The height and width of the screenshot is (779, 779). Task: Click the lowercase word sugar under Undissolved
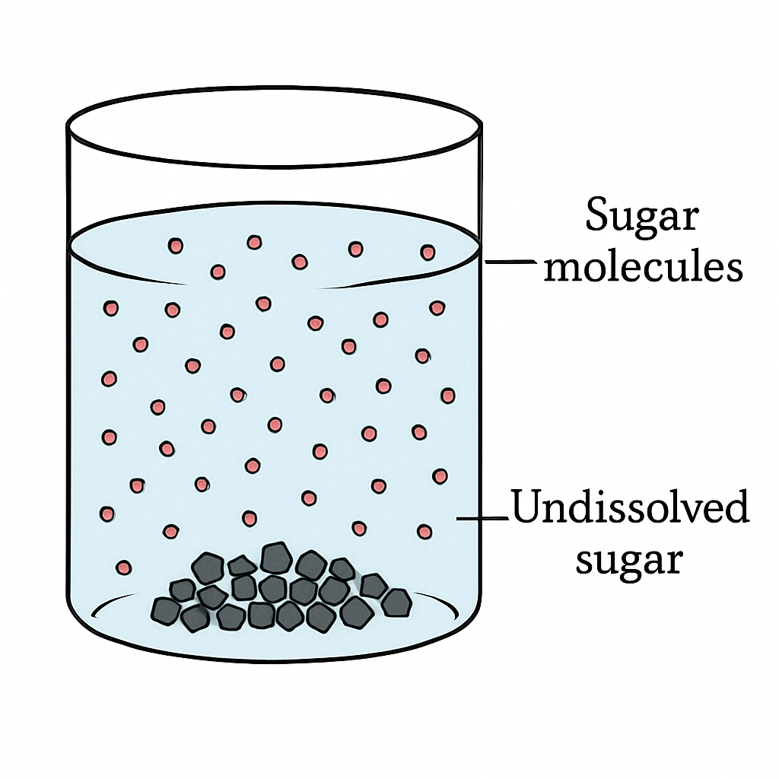pyautogui.click(x=629, y=560)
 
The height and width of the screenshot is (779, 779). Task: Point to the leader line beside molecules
pyautogui.click(x=510, y=262)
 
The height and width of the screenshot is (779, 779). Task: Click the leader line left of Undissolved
pyautogui.click(x=482, y=519)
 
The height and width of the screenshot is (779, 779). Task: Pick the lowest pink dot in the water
pyautogui.click(x=124, y=568)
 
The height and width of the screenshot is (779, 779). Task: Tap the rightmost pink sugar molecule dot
pyautogui.click(x=447, y=396)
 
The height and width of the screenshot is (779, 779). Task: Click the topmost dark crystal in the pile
pyautogui.click(x=275, y=558)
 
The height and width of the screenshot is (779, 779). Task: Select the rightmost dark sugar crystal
pyautogui.click(x=397, y=603)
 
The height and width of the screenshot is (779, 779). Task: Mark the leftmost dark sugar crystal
pyautogui.click(x=165, y=611)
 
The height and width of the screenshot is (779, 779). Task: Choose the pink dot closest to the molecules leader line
pyautogui.click(x=428, y=253)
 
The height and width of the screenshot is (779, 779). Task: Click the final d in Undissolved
pyautogui.click(x=736, y=506)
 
